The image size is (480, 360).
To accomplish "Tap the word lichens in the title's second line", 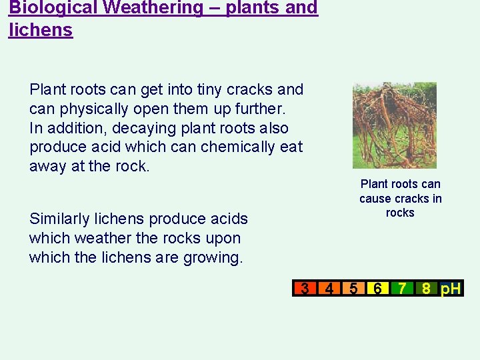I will point(41,30).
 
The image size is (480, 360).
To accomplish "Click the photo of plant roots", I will point(394,125).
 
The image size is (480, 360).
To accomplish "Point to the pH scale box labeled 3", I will point(305,289).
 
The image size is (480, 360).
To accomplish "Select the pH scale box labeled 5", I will point(353,289).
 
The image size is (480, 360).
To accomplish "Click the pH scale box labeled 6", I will point(377,289).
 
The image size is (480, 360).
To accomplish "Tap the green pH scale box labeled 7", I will point(402,289).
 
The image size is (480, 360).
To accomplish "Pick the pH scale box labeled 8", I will point(425,289).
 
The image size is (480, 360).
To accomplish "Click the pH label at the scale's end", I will point(451,289).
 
